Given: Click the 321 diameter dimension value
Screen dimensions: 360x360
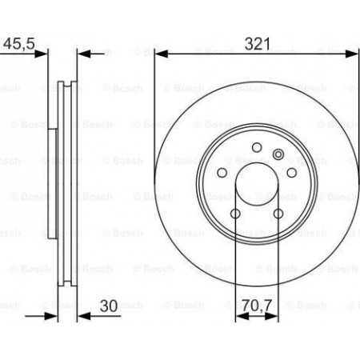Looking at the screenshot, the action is click(257, 44).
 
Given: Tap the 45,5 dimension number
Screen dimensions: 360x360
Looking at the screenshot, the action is click(19, 43).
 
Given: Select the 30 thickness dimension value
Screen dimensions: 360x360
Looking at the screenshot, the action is click(109, 306).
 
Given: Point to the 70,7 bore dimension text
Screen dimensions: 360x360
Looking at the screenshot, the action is click(257, 306).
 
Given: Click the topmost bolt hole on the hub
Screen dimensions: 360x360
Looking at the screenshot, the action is click(257, 147).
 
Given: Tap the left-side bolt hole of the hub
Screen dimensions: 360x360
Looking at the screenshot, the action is click(222, 173).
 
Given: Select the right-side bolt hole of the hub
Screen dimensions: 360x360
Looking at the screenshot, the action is click(291, 173).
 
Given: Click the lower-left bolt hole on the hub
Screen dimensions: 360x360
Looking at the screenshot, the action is click(235, 214).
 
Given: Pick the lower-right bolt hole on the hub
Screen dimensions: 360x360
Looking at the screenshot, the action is click(278, 214).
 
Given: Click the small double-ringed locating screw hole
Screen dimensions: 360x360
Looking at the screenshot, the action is click(278, 154).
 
